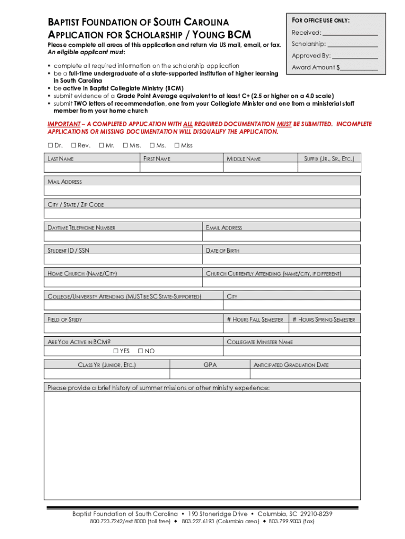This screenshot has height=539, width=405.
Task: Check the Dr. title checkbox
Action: tap(50, 145)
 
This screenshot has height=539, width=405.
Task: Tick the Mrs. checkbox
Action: tap(125, 145)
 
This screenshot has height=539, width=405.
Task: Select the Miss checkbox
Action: tap(177, 145)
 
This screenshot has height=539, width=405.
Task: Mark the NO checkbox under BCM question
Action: tap(140, 351)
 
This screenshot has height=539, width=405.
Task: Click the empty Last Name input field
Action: tap(92, 167)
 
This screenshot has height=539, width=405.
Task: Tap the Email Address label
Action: tap(224, 228)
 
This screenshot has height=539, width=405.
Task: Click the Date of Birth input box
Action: tap(282, 259)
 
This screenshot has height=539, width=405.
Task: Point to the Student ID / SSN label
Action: tap(68, 251)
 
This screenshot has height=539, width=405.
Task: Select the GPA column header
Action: tap(210, 365)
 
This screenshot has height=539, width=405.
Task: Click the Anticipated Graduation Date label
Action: tap(291, 365)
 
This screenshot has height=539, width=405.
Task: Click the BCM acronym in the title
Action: tap(239, 36)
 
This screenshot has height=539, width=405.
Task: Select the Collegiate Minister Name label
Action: tap(260, 342)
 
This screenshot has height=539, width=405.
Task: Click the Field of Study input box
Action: tap(134, 327)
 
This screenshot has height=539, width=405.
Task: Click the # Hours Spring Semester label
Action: tap(323, 320)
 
